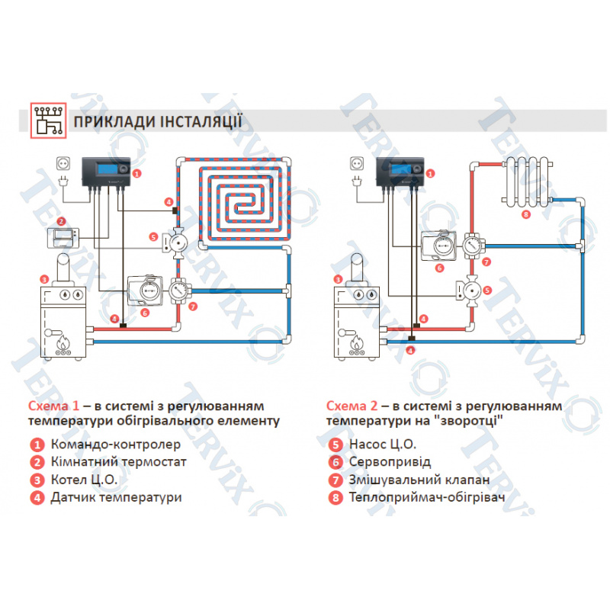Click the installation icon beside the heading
coord(49,120)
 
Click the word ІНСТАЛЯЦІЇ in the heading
coord(201,121)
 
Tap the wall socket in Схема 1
coord(63,163)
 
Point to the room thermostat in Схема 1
coord(63,238)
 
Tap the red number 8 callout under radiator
coord(526,214)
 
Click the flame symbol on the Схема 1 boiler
coord(63,342)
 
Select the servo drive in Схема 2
coord(439,246)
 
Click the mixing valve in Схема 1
coord(179,291)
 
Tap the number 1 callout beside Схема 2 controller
coord(430,174)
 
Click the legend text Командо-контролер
coord(116,445)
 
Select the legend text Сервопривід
coord(390,462)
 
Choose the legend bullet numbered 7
coord(335,480)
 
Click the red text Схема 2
coord(352,406)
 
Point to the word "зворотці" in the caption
coord(470,421)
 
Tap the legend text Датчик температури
coord(117,498)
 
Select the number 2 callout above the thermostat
coord(61,221)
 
